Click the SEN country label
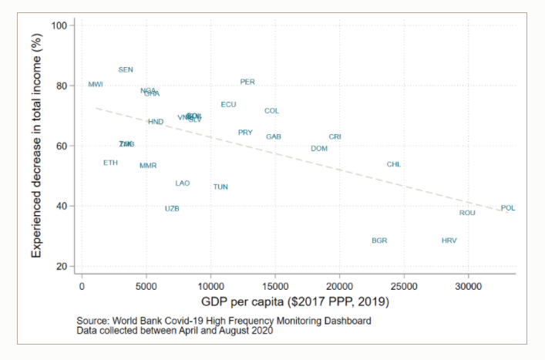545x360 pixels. click(x=126, y=70)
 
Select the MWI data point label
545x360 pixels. click(x=96, y=85)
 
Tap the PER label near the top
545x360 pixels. click(x=247, y=82)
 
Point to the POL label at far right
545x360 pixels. click(x=508, y=208)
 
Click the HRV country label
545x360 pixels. click(x=449, y=241)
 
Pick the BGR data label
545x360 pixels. click(x=379, y=241)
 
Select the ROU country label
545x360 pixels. click(x=467, y=214)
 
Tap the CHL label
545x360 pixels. click(x=394, y=165)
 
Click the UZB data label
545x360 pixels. click(x=172, y=209)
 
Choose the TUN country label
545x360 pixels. click(x=220, y=187)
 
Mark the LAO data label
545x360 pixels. click(x=183, y=183)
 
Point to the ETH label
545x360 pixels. click(x=111, y=163)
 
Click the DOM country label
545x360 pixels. click(x=319, y=149)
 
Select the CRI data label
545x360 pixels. click(x=335, y=137)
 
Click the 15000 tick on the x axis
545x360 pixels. click(x=275, y=284)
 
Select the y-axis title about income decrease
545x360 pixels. click(x=37, y=145)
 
